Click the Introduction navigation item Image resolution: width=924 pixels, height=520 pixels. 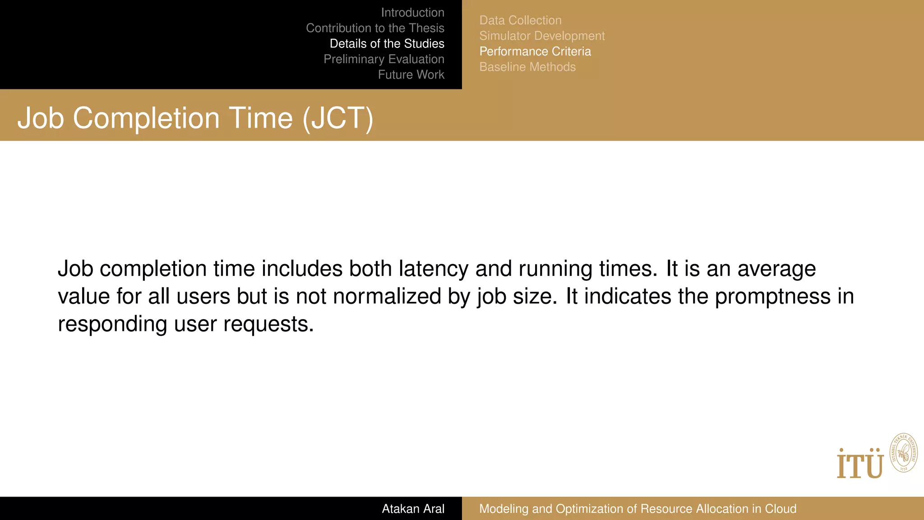click(412, 13)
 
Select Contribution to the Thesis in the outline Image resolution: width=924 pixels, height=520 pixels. click(375, 28)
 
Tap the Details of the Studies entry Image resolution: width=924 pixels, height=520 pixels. click(387, 44)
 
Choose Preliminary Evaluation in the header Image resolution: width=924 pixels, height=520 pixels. click(383, 59)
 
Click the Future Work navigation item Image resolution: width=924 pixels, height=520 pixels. click(411, 74)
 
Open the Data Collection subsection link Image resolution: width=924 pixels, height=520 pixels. click(520, 20)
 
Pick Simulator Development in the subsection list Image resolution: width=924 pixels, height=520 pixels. click(542, 36)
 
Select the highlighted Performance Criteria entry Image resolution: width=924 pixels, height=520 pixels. click(535, 51)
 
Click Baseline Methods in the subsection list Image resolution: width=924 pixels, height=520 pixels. click(527, 67)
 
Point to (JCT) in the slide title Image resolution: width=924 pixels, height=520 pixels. click(338, 118)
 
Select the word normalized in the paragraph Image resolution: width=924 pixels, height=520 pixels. click(387, 297)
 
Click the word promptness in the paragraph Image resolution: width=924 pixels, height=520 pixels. click(772, 297)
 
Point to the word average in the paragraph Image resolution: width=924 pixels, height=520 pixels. click(776, 269)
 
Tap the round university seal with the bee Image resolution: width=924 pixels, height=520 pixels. click(903, 453)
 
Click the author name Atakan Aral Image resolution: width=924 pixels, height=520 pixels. click(413, 509)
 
